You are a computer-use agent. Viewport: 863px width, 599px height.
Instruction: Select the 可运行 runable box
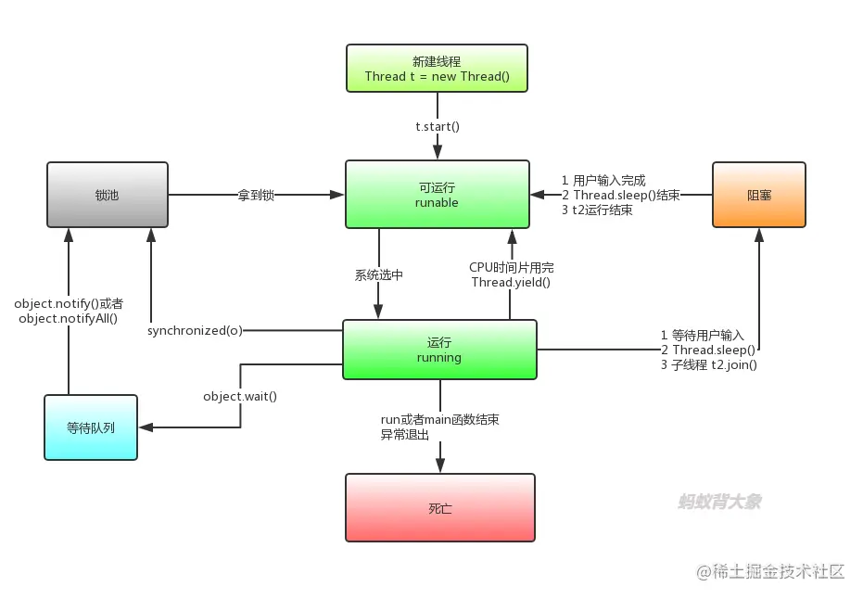(x=438, y=194)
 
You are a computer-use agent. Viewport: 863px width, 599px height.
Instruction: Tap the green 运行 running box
(x=439, y=350)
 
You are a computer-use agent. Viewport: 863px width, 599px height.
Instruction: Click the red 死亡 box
(x=440, y=507)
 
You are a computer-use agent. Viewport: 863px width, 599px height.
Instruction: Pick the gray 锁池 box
(x=108, y=194)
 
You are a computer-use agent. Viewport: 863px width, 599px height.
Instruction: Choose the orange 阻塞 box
(x=759, y=195)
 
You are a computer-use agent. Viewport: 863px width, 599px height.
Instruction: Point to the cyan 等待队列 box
(x=91, y=427)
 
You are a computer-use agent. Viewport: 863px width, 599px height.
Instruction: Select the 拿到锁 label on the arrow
(x=256, y=195)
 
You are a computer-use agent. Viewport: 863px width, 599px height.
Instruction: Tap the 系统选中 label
(x=379, y=274)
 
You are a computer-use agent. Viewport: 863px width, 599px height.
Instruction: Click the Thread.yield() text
(x=511, y=282)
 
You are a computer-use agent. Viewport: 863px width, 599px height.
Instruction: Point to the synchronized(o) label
(x=195, y=330)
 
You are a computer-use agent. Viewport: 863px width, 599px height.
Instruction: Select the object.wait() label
(x=240, y=396)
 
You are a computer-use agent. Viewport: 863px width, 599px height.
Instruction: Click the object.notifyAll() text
(x=68, y=317)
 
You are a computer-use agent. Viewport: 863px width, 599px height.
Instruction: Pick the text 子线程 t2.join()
(x=709, y=364)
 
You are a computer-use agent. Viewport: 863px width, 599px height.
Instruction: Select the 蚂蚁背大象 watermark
(x=719, y=502)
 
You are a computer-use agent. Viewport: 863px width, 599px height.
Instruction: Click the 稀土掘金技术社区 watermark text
(x=779, y=571)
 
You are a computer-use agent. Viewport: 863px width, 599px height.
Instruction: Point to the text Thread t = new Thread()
(x=437, y=76)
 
